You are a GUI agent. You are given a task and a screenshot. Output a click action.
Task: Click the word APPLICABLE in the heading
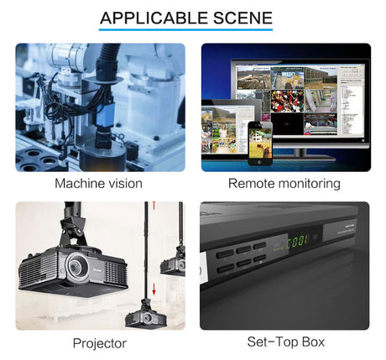point(154,18)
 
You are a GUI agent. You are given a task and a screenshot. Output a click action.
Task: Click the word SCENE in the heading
point(243,18)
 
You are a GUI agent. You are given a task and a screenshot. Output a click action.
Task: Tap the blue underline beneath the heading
point(185,29)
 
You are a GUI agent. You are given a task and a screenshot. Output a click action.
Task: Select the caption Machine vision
point(98,184)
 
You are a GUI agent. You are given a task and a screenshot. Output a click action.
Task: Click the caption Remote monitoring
point(284,184)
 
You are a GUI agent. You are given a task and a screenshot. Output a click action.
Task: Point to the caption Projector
point(100,343)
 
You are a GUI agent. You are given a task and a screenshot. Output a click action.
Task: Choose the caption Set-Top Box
point(285,342)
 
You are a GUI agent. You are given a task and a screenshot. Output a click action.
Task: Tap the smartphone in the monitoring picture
point(260,143)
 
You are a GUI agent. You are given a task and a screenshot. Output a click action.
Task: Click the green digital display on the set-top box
point(298,241)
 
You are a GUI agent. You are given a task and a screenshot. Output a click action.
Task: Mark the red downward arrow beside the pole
point(154,290)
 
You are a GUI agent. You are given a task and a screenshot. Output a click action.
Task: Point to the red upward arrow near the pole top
point(154,206)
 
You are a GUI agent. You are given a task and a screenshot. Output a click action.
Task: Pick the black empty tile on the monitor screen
point(287,124)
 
